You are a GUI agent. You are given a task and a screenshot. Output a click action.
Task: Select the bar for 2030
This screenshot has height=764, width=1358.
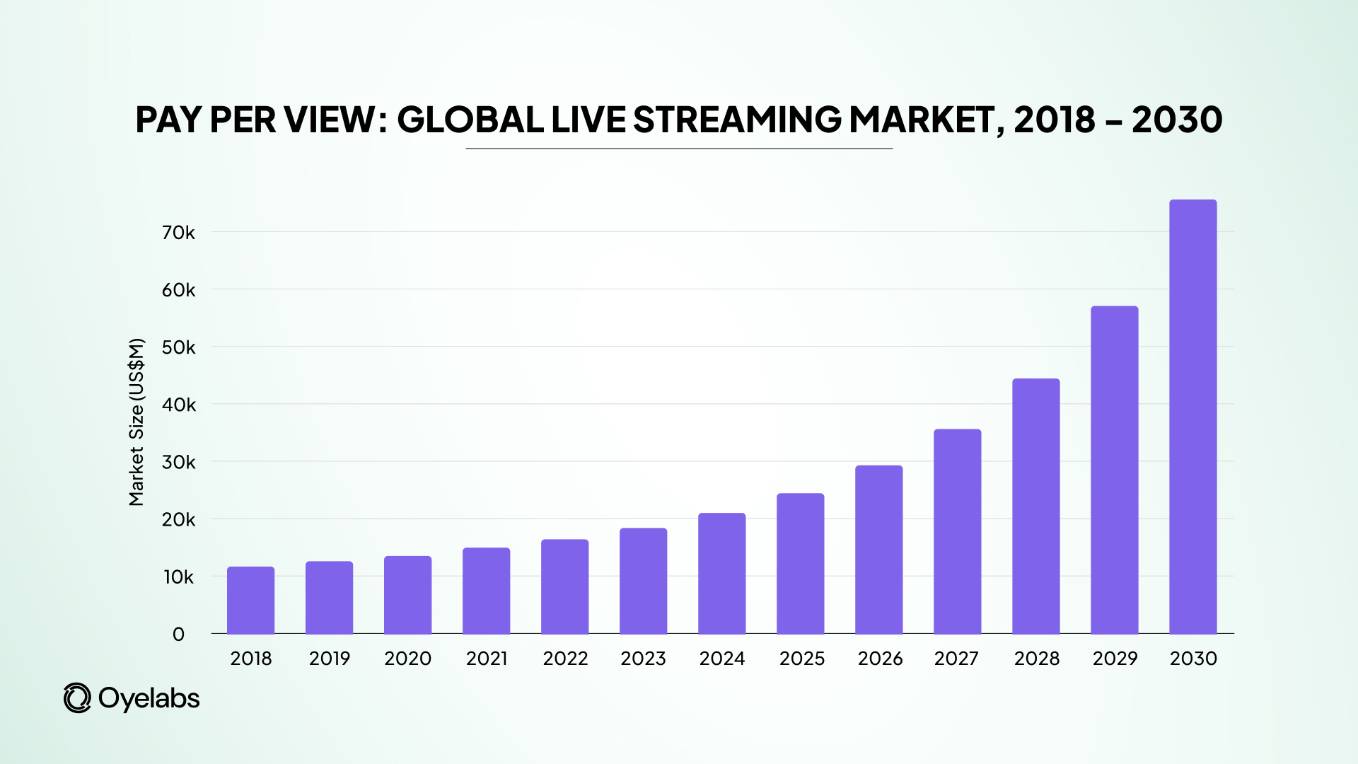[x=1192, y=417]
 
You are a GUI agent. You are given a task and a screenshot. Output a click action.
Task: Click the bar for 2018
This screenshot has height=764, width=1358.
[x=250, y=601]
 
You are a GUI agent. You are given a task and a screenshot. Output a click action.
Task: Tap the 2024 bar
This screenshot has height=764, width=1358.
[x=721, y=574]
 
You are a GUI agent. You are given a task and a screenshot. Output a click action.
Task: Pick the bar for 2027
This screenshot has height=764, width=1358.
[x=957, y=532]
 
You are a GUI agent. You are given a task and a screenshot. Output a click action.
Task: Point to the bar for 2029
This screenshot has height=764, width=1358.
[x=1114, y=470]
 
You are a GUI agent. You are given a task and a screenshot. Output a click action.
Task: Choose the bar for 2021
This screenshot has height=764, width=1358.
[x=486, y=591]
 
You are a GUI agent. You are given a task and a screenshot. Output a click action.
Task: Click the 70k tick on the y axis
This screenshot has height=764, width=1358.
[x=178, y=233]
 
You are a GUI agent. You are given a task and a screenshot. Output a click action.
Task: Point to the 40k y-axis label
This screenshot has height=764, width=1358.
[x=178, y=405]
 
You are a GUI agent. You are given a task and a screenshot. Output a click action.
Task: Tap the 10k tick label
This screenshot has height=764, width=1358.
[x=178, y=577]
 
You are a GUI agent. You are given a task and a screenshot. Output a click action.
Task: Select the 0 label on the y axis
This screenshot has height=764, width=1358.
[x=178, y=635]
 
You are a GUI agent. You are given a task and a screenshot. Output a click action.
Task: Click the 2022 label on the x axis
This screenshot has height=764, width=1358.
[x=565, y=659]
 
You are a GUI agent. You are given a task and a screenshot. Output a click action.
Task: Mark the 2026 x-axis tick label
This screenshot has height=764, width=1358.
[x=880, y=659]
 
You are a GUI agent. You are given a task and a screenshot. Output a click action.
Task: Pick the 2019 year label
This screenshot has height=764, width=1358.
[x=329, y=659]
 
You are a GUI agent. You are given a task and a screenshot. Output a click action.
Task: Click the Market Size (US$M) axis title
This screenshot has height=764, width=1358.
[x=137, y=422]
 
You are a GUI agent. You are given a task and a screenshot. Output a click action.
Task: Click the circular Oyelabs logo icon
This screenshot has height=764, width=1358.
[x=77, y=698]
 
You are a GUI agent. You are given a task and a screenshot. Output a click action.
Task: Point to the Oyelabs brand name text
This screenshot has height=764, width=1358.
[x=149, y=698]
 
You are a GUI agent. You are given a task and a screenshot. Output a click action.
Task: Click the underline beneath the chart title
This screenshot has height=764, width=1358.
[x=679, y=149]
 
